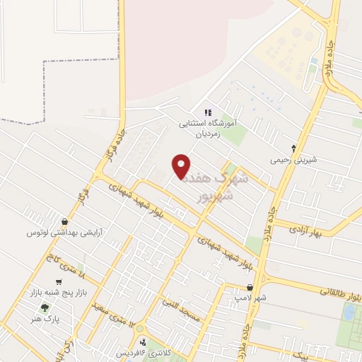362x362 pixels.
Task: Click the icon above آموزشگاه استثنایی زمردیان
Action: click(208, 112)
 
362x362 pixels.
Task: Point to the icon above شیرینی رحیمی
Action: click(294, 147)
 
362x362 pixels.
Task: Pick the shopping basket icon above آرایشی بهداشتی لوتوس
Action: click(65, 221)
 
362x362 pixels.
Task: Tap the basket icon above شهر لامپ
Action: click(251, 288)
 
